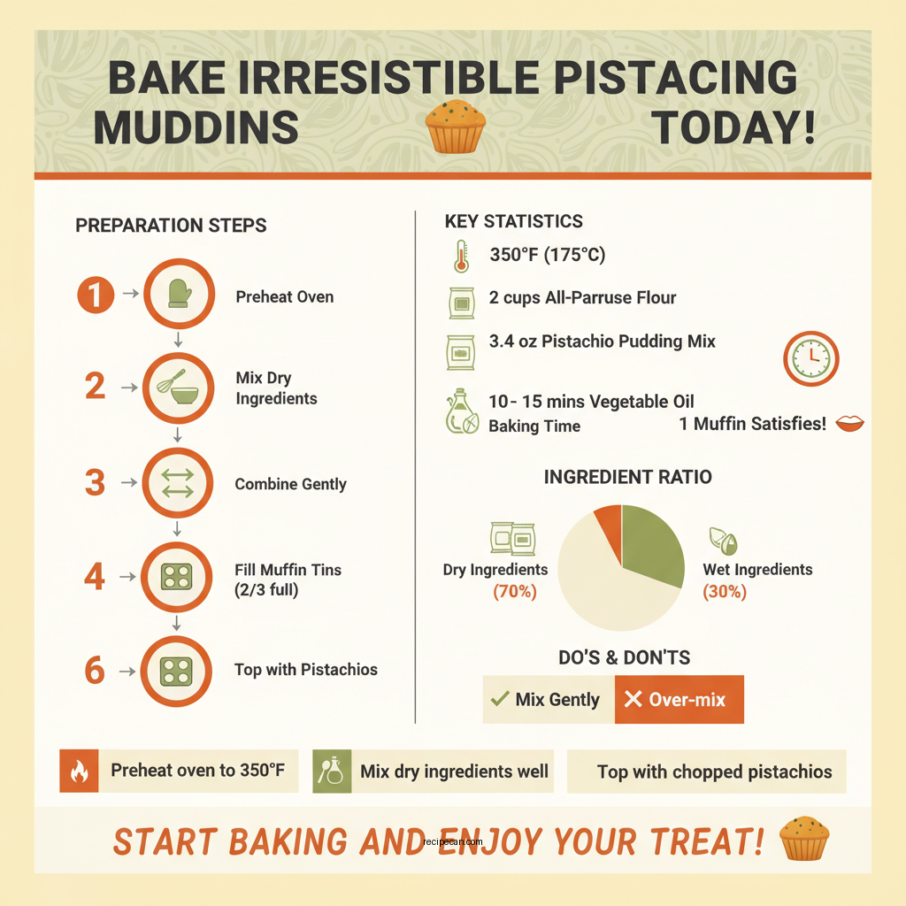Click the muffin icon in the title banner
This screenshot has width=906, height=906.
455,127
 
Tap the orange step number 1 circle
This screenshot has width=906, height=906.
96,295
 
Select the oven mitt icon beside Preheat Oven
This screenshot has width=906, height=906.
178,296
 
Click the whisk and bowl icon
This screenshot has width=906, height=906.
178,387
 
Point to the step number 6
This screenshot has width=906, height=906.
95,671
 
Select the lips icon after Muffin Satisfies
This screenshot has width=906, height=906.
849,424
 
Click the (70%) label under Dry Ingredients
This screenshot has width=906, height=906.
514,592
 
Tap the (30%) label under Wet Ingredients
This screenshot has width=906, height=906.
725,592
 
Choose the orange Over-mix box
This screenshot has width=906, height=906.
679,700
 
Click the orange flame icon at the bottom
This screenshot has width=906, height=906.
79,771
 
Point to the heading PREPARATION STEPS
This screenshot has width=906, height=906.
171,226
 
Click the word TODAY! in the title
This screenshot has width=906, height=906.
733,128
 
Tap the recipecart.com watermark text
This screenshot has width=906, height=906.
453,841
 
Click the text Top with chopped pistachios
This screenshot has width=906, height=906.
714,772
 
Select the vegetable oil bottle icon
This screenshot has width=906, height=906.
461,413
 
